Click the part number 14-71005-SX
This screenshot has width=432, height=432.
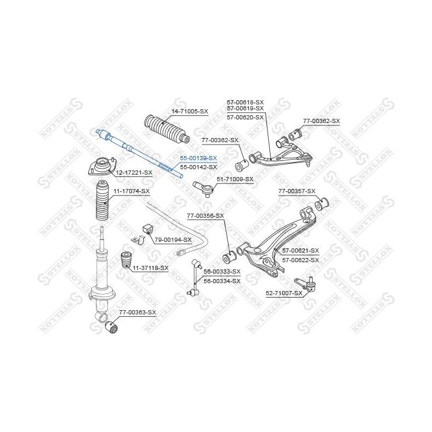pyautogui.click(x=190, y=112)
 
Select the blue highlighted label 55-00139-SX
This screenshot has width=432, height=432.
pyautogui.click(x=199, y=158)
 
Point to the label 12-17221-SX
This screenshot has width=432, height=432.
pyautogui.click(x=134, y=173)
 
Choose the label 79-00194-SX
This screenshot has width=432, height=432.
pyautogui.click(x=173, y=240)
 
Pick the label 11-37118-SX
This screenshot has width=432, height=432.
pyautogui.click(x=151, y=268)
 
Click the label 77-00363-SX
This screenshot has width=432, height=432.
pyautogui.click(x=137, y=313)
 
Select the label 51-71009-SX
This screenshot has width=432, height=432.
pyautogui.click(x=235, y=179)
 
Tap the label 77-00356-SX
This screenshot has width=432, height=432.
pyautogui.click(x=205, y=215)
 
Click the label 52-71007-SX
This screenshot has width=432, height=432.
pyautogui.click(x=285, y=293)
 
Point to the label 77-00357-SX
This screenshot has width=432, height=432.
pyautogui.click(x=296, y=191)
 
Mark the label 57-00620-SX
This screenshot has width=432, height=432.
pyautogui.click(x=245, y=117)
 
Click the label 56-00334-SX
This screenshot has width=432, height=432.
pyautogui.click(x=222, y=281)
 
